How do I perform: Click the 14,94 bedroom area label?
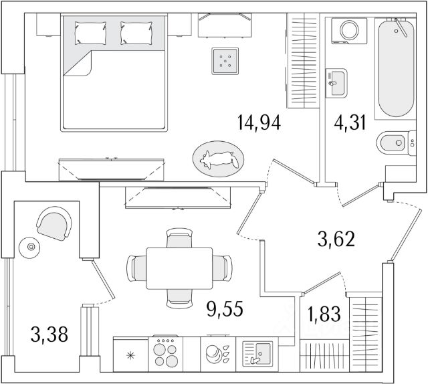click(258, 123)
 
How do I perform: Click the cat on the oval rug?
click(219, 159)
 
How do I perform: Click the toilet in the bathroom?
click(390, 142)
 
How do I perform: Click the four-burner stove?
click(165, 353)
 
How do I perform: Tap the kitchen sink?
click(255, 352)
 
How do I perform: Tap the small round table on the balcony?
click(29, 248)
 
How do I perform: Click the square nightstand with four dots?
click(225, 62)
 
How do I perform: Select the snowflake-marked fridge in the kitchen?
click(130, 353)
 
